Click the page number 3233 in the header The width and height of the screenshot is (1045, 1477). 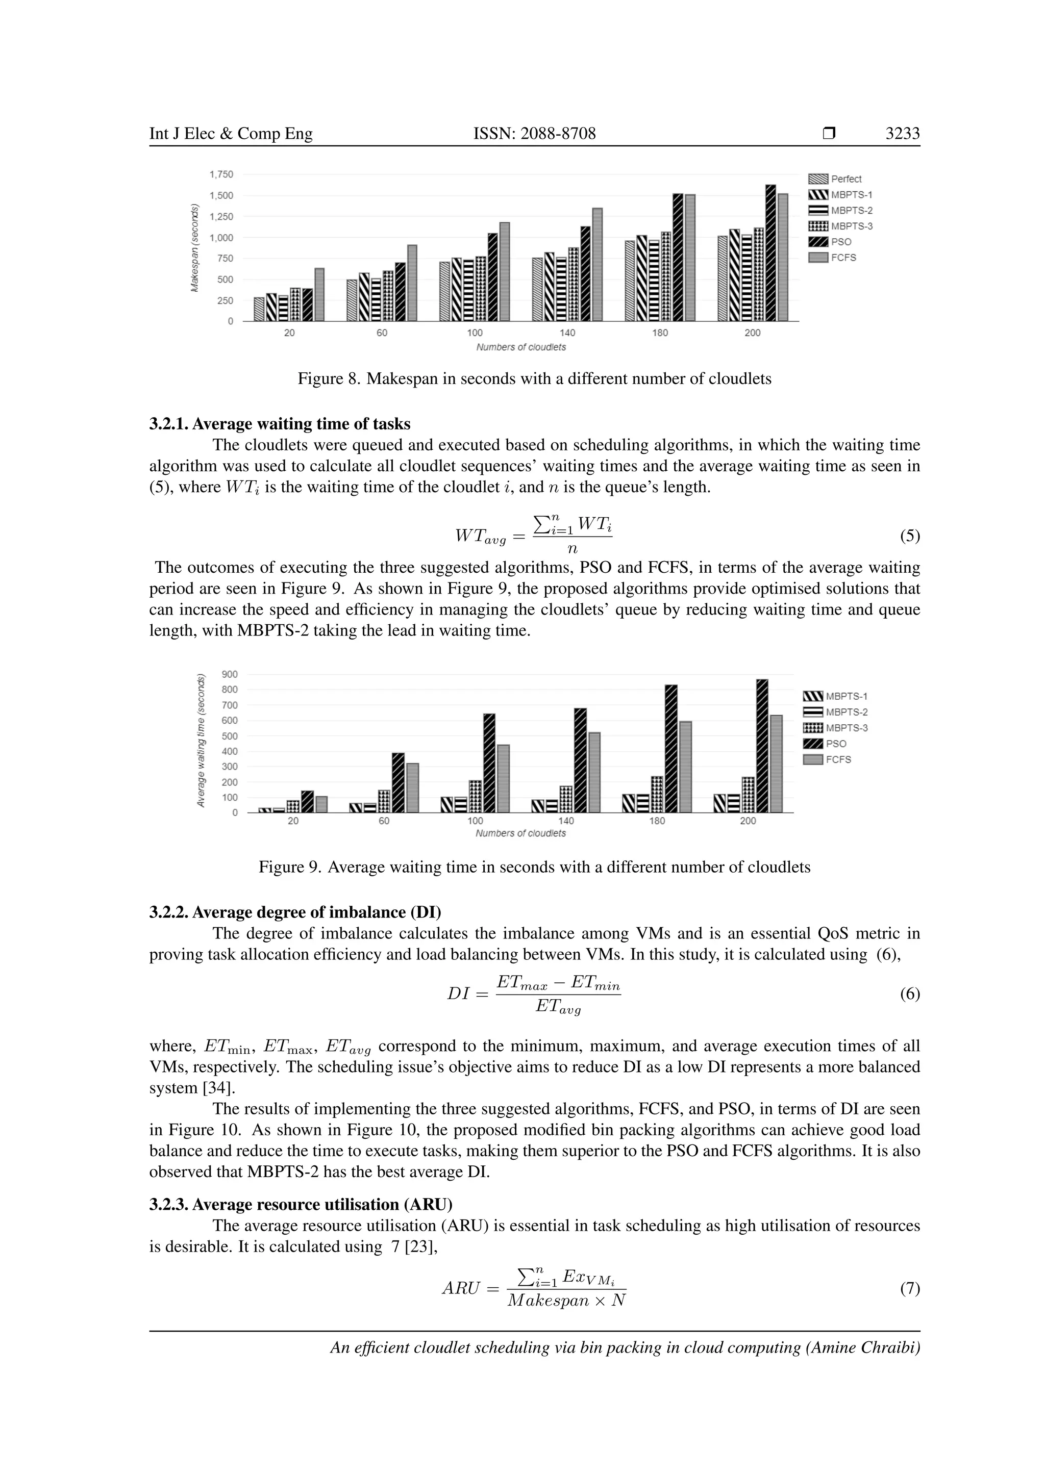click(x=902, y=133)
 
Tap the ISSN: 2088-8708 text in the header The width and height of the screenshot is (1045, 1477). click(x=534, y=133)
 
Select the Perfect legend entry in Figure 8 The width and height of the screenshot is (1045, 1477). click(x=845, y=179)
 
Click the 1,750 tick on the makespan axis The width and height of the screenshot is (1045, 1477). click(x=221, y=174)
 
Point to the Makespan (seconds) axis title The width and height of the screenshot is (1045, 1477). click(x=194, y=248)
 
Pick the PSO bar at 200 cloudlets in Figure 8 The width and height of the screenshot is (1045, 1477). click(x=770, y=253)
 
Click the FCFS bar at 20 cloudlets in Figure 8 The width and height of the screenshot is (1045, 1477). click(x=319, y=295)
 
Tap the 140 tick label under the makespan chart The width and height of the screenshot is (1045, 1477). click(x=567, y=333)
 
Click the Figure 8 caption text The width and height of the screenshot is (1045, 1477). click(x=534, y=379)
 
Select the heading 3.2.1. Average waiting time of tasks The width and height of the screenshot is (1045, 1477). click(x=280, y=424)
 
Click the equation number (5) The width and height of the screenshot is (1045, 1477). click(x=909, y=536)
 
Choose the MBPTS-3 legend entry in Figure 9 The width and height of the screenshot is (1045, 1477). click(x=846, y=728)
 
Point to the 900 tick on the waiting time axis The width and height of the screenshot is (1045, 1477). click(x=230, y=674)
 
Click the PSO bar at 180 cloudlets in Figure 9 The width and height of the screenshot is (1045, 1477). click(x=670, y=748)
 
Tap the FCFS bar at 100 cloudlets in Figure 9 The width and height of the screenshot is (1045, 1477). click(x=503, y=778)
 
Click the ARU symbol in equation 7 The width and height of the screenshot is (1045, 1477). click(x=461, y=1288)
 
